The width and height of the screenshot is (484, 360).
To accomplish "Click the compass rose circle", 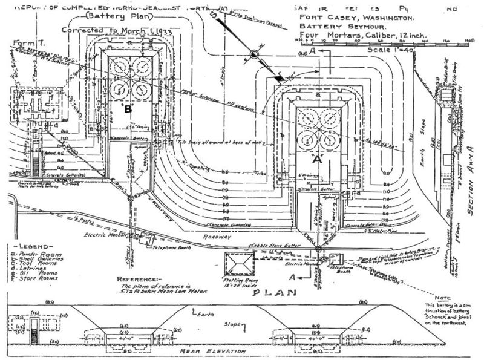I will pyautogui.click(x=255, y=56).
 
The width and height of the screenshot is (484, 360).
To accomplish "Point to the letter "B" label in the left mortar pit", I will pyautogui.click(x=128, y=110).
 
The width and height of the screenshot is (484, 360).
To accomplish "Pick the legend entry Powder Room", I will pyautogui.click(x=36, y=256).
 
